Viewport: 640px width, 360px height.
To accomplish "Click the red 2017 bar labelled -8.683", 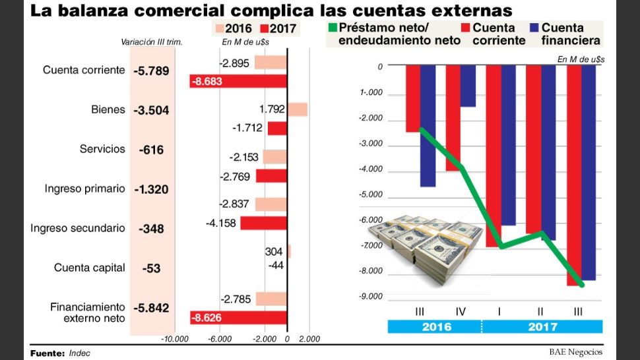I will (238, 81).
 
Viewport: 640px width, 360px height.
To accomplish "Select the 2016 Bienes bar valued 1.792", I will (298, 109).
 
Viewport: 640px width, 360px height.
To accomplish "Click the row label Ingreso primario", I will (84, 189).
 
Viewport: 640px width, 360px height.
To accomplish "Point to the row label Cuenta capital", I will (89, 268).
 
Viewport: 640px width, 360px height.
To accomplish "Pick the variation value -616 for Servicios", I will (151, 150).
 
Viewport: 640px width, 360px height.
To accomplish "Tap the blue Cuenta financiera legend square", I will (536, 28).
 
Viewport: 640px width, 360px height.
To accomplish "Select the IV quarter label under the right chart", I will (460, 311).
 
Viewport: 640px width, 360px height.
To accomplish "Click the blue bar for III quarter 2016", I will (428, 125).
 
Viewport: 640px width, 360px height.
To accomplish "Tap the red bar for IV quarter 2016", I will (453, 117).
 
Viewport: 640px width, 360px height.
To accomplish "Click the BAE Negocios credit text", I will (575, 352).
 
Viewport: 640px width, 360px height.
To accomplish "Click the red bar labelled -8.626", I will (238, 318).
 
